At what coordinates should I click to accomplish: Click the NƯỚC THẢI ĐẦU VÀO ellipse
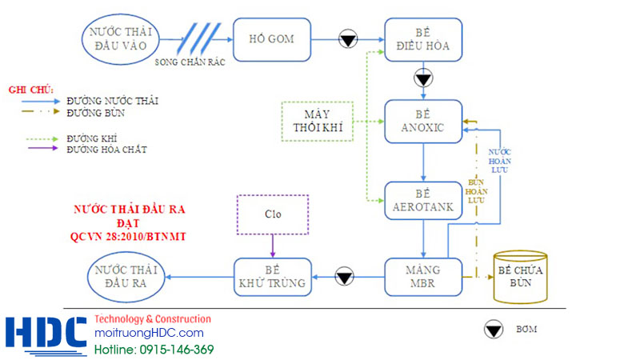click(122, 38)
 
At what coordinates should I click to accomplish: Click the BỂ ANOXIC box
click(423, 122)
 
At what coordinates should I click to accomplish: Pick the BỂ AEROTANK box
click(423, 201)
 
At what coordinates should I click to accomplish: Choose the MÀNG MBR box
click(423, 278)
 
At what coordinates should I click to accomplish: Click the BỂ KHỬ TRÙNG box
click(272, 278)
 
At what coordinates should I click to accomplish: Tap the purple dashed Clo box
click(274, 214)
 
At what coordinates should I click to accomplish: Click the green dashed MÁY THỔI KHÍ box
click(316, 122)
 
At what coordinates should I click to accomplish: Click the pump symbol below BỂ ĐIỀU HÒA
click(423, 79)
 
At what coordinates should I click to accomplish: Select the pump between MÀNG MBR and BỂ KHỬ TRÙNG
click(345, 278)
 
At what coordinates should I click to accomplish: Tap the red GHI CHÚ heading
click(30, 90)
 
